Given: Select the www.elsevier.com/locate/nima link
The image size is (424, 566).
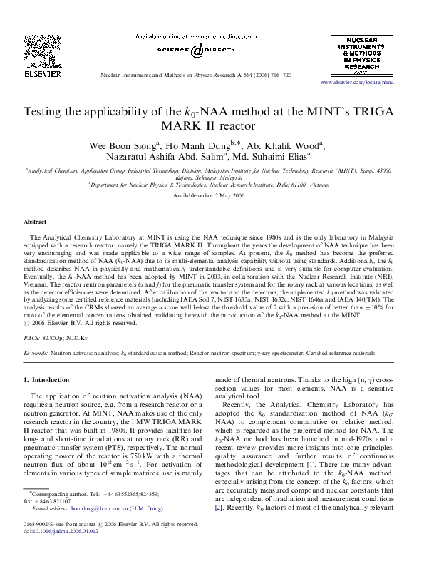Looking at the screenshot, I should click(366, 83).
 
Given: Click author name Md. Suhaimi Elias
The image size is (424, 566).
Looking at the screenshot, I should click(274, 158).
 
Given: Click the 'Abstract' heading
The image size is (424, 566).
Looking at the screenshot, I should click(36, 222).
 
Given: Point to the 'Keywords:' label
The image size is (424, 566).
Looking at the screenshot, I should click(36, 353).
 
